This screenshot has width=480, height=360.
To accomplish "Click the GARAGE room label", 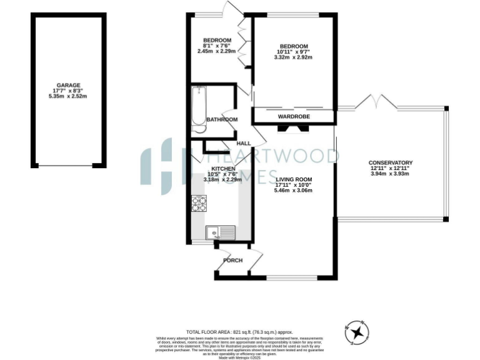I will point(69,85).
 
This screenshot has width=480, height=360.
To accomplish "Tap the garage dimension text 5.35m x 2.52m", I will point(69,96).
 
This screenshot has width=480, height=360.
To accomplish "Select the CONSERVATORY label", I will point(391,162).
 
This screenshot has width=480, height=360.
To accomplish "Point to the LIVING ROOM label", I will point(293,179).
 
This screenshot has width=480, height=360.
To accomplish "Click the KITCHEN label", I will point(223,169).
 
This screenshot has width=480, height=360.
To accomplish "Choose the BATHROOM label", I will point(222,119).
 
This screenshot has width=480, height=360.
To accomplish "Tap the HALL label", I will point(244,144).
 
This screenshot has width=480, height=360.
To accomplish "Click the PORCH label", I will point(233,261).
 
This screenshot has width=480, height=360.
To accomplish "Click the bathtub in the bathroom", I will point(199,109).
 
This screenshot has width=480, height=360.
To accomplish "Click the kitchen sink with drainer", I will point(220,232).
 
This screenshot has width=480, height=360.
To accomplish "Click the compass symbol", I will point(357,332).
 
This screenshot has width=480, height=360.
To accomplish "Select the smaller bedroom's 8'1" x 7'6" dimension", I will point(217,46).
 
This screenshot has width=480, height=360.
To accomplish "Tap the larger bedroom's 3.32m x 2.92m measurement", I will point(293,57).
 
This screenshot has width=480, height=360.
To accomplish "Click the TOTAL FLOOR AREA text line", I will point(239,332).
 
